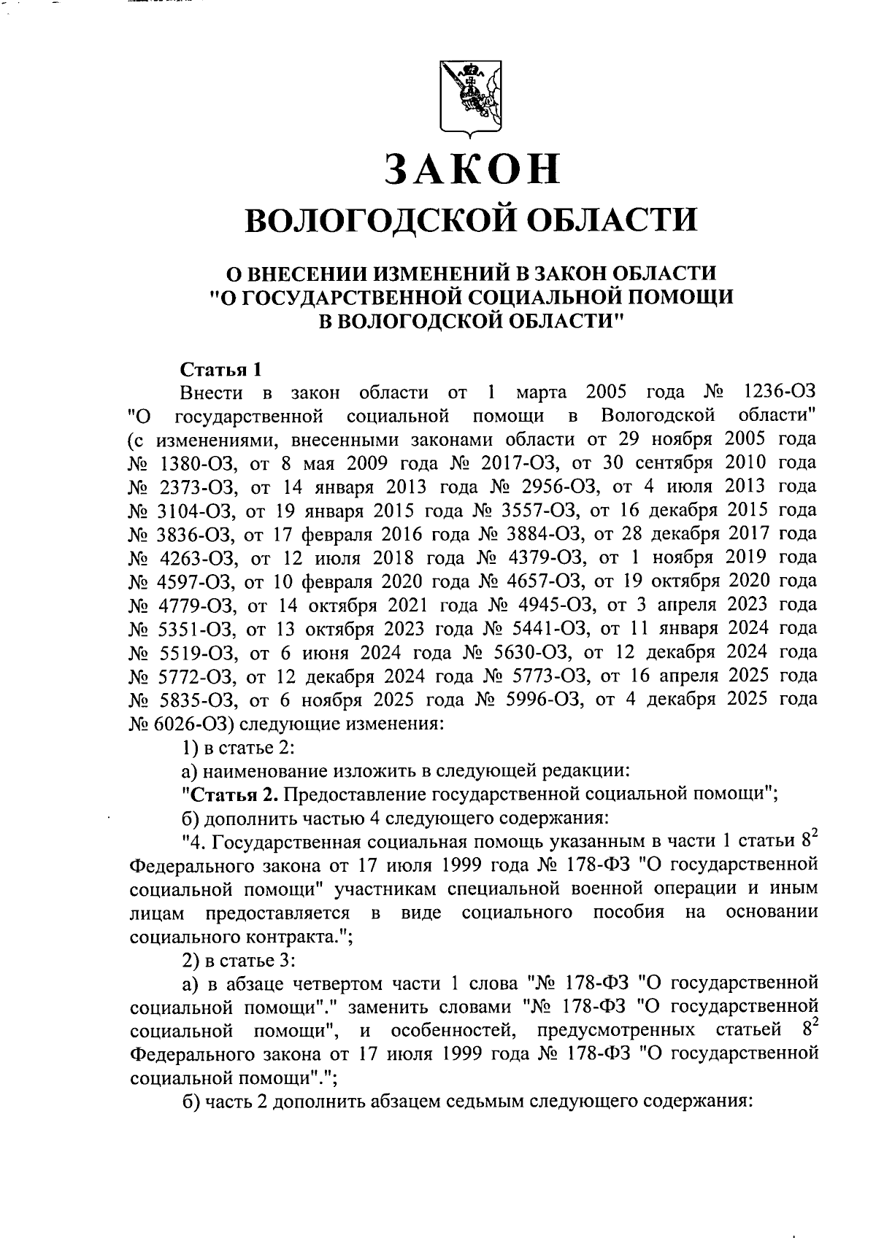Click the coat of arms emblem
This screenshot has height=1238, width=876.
coord(469,98)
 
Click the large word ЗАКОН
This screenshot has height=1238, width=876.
coord(472,169)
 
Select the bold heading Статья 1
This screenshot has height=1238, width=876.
coord(220,368)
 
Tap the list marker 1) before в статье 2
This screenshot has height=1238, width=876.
coord(190,746)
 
